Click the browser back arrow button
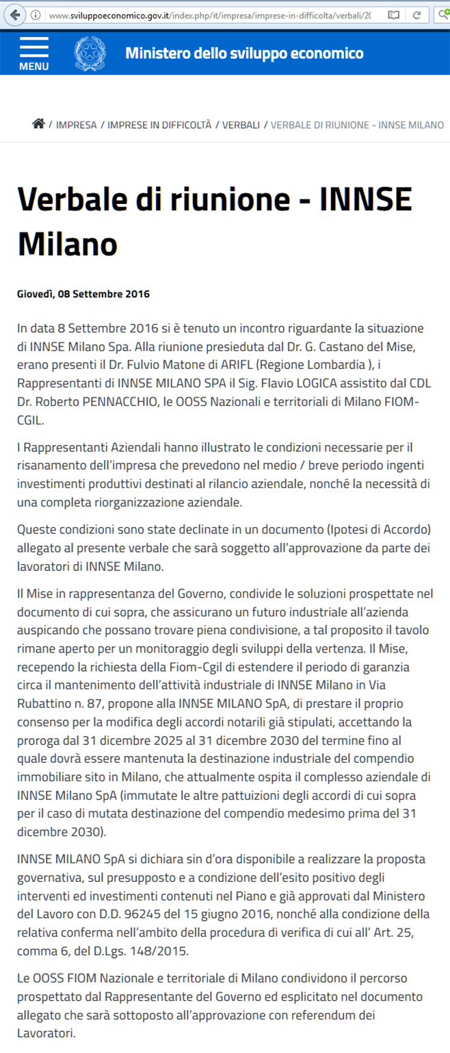tap(14, 14)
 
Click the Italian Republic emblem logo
tap(90, 53)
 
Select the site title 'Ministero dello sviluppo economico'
tap(244, 53)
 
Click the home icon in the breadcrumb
tap(38, 124)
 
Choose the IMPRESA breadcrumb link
tap(77, 125)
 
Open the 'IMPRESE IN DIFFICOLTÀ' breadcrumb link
tap(159, 125)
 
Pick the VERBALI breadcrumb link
tap(241, 125)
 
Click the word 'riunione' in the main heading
tap(214, 199)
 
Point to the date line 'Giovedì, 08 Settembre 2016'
tap(83, 294)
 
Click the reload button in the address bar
tap(416, 14)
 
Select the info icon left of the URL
tap(36, 15)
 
